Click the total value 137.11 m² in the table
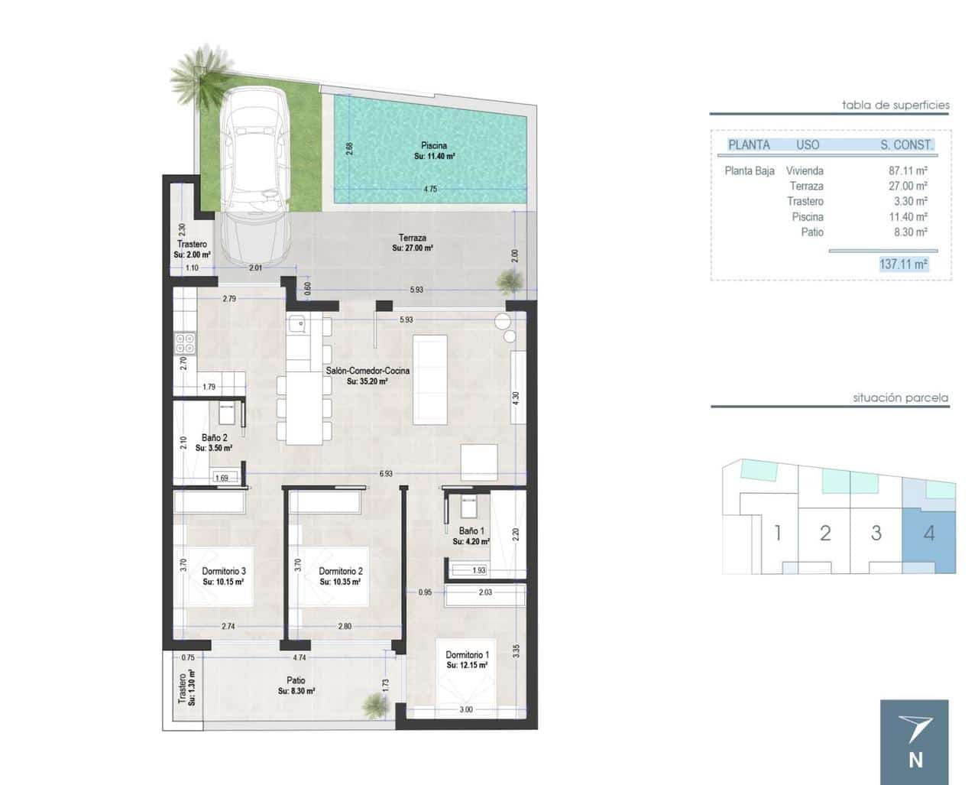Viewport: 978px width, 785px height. click(x=903, y=264)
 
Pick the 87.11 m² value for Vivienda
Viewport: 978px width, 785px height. click(x=908, y=171)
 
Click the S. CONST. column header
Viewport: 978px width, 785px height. click(x=906, y=144)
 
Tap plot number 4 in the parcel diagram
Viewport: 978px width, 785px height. click(x=929, y=533)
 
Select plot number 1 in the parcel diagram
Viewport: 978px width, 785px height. click(x=778, y=533)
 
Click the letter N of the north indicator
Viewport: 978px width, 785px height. click(x=915, y=760)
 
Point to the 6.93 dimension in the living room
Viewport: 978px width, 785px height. click(x=386, y=474)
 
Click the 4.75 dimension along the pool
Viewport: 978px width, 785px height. click(x=430, y=189)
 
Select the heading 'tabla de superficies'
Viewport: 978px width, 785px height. click(x=895, y=105)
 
